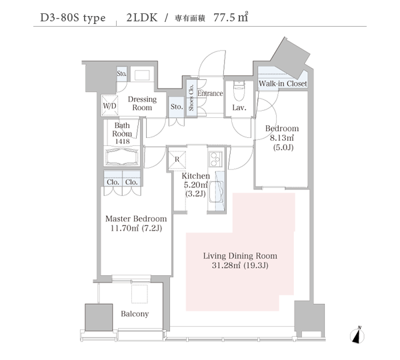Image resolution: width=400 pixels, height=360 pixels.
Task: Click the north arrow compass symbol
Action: (x=357, y=335)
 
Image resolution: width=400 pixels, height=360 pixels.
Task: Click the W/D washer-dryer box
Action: (x=110, y=105)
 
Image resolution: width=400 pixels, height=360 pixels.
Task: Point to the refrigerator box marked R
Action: (x=177, y=159)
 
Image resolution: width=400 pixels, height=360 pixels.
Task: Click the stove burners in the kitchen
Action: (x=215, y=159)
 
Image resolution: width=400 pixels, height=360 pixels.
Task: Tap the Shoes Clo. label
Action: (x=191, y=97)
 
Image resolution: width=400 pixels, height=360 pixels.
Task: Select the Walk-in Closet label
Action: (x=283, y=83)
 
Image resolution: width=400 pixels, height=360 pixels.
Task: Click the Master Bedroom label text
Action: (x=136, y=219)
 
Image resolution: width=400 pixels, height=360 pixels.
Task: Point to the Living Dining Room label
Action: (x=240, y=256)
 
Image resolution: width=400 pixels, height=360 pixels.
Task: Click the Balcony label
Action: (x=135, y=313)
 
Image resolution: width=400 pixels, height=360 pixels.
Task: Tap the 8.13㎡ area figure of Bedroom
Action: (x=281, y=138)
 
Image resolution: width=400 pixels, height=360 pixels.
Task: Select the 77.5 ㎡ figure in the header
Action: (x=231, y=17)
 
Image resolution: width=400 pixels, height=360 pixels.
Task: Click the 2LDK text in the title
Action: (x=142, y=17)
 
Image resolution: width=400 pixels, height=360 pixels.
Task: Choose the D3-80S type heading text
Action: (x=73, y=18)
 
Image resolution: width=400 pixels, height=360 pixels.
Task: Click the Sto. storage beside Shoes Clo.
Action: (x=177, y=107)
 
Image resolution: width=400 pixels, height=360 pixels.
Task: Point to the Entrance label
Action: (x=210, y=93)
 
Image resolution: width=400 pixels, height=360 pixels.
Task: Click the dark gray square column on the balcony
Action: (x=99, y=317)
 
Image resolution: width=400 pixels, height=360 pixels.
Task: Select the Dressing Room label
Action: (x=142, y=103)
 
